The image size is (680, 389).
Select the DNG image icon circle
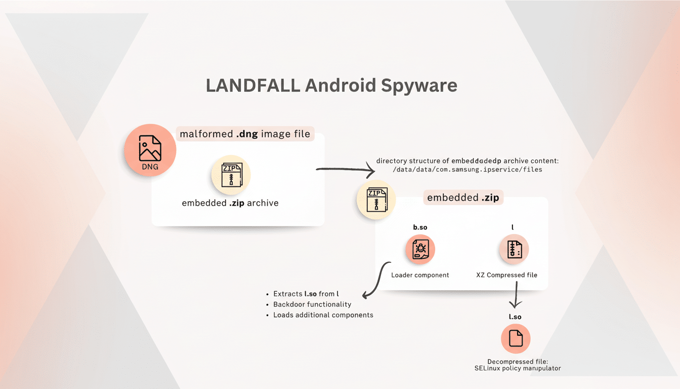tap(150, 150)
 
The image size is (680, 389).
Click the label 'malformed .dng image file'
tap(245, 134)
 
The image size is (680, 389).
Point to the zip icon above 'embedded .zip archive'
tap(231, 175)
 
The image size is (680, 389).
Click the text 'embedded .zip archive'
tap(230, 203)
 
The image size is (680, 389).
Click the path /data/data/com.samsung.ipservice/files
tap(467, 170)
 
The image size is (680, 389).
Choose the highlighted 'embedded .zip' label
tap(463, 198)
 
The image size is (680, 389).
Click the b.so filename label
tap(420, 227)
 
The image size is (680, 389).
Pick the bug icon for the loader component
tap(420, 250)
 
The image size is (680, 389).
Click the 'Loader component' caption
tap(420, 275)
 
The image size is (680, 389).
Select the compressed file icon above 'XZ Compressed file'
tap(514, 250)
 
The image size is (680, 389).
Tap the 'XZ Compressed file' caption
tap(506, 275)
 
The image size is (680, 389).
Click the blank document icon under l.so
tap(516, 338)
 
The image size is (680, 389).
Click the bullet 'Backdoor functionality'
tap(312, 304)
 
